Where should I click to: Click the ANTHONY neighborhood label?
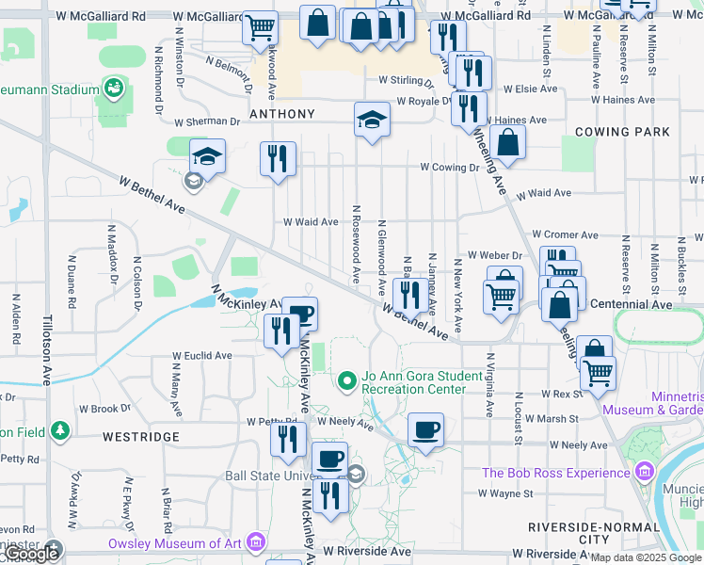click(281, 114)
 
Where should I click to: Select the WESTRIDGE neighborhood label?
click(140, 437)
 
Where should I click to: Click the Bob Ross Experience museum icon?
click(645, 471)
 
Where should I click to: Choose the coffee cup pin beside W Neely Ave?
click(425, 430)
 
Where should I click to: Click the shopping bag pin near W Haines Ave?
click(507, 142)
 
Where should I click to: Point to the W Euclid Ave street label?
click(201, 356)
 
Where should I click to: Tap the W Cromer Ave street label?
click(565, 234)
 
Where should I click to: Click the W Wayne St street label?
click(505, 492)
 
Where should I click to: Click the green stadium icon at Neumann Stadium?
click(114, 89)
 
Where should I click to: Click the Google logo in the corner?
click(30, 554)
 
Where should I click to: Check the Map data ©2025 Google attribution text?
click(646, 557)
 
